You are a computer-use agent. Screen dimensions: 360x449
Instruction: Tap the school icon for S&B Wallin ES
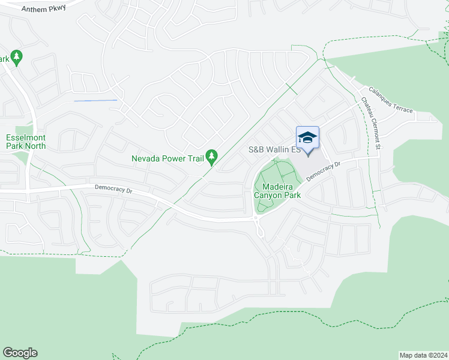point(307,139)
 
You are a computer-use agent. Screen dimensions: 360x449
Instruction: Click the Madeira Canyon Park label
point(277,190)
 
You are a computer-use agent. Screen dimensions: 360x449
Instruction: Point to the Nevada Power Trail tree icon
point(211,157)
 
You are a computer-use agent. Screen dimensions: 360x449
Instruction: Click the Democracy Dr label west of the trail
point(113,189)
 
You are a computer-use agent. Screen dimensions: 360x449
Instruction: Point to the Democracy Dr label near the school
point(322,171)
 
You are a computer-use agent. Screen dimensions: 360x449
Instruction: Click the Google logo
point(20,353)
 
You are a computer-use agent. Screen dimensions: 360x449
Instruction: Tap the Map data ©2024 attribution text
point(423,355)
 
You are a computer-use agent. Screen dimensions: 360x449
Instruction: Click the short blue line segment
point(95,100)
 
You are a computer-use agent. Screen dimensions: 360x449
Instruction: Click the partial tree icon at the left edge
point(16,58)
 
